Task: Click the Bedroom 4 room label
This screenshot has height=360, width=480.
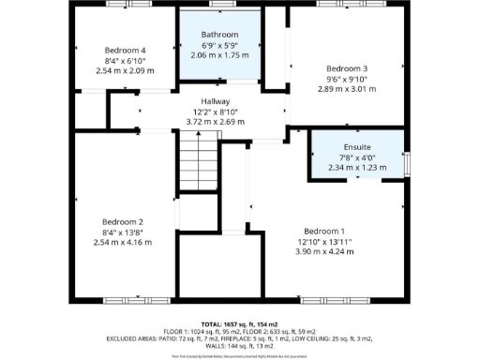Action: (125, 50)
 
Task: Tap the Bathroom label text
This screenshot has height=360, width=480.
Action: (219, 35)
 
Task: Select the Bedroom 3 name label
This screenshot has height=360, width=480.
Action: (346, 68)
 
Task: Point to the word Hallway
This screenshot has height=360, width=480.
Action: (215, 101)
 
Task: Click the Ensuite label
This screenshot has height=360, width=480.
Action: (356, 147)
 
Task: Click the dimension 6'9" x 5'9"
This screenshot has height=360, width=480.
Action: (219, 45)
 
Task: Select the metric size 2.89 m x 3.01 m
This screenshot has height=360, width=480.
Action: (346, 89)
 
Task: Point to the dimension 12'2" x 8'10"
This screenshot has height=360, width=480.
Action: (215, 112)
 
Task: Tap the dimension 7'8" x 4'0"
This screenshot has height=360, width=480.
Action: (356, 157)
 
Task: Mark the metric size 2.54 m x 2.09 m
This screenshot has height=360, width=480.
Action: (125, 70)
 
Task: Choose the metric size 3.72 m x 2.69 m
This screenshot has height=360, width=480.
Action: (215, 122)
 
